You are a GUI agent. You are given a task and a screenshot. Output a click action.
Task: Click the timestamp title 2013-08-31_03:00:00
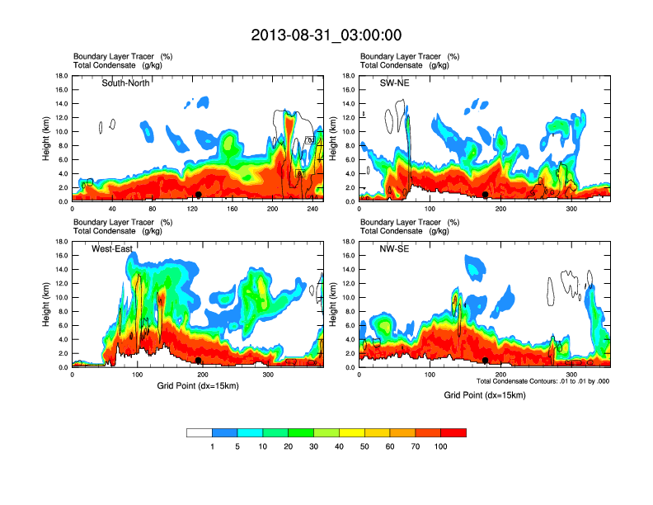coord(326,35)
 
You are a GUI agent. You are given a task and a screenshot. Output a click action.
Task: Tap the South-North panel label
coord(125,83)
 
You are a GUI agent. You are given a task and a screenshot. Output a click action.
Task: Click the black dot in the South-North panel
coord(199,195)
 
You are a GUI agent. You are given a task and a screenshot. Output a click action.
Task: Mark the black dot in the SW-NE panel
coord(486,195)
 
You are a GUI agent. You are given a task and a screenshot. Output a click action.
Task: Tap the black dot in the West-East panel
coord(199,361)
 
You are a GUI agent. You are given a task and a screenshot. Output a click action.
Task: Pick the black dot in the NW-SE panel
coord(486,361)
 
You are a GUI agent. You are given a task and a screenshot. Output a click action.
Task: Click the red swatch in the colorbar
coord(453,432)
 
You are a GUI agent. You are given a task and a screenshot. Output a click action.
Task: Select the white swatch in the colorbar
coord(200,432)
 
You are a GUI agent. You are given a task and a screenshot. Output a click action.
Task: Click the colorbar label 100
coord(440,446)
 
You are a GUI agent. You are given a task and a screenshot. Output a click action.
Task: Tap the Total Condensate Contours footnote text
coord(543,381)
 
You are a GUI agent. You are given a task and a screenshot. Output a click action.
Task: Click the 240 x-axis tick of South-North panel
coord(312,210)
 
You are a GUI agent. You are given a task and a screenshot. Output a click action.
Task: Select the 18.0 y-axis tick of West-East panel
coord(61,242)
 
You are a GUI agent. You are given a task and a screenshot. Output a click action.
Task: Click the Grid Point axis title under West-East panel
coord(198,385)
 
